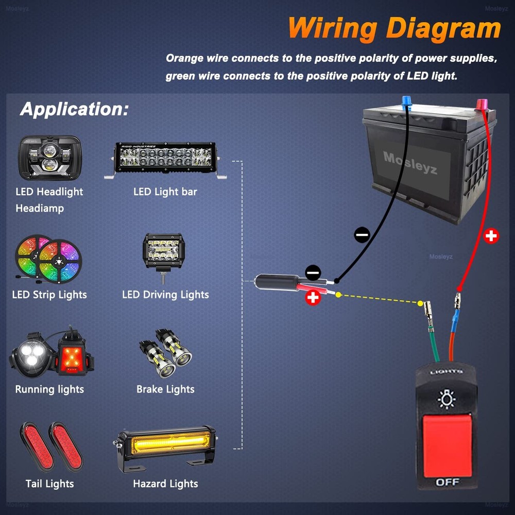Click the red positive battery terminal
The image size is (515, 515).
[483, 105]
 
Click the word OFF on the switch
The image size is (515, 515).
[447, 482]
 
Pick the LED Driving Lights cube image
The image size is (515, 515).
[163, 252]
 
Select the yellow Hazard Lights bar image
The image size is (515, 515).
[165, 443]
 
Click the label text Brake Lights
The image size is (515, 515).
[165, 389]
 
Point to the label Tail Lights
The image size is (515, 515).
[49, 484]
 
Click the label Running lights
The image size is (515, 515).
[49, 389]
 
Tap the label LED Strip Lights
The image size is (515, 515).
[49, 295]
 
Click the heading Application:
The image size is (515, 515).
[74, 109]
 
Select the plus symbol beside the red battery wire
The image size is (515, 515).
[492, 236]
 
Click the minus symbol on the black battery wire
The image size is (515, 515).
[362, 235]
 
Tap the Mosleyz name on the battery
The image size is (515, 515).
[410, 162]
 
